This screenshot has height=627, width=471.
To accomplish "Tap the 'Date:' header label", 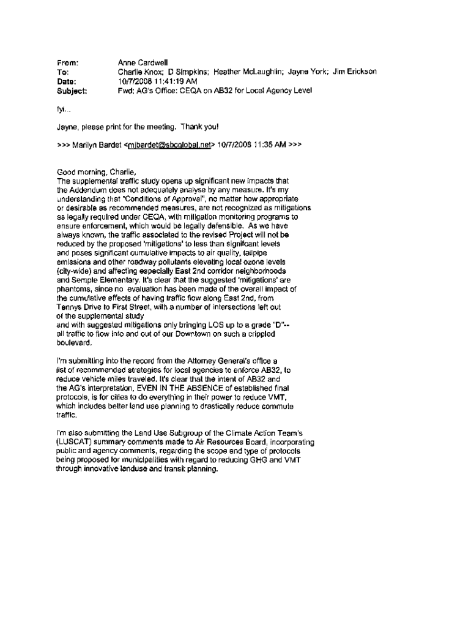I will coord(66,81).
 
